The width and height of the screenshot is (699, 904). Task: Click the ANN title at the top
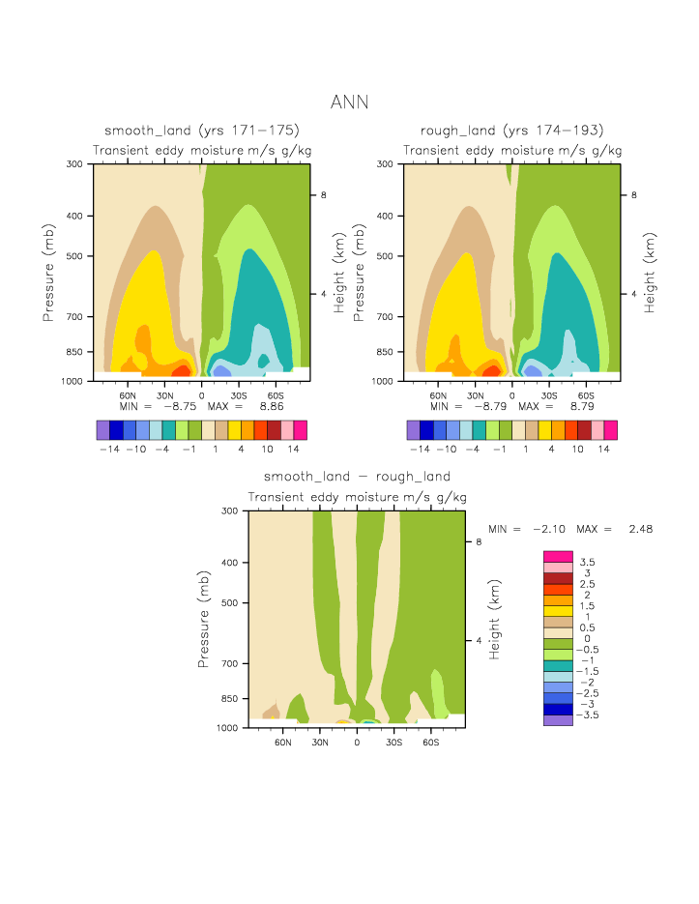pyautogui.click(x=349, y=102)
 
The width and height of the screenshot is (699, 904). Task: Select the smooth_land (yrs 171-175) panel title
pyautogui.click(x=201, y=131)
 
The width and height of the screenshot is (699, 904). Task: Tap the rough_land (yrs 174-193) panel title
pyautogui.click(x=511, y=131)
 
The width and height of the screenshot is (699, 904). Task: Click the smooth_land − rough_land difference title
pyautogui.click(x=357, y=477)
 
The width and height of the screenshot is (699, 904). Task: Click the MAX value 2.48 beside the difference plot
pyautogui.click(x=640, y=530)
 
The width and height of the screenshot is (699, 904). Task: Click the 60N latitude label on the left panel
pyautogui.click(x=128, y=394)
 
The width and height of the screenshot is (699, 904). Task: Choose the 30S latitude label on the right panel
pyautogui.click(x=548, y=394)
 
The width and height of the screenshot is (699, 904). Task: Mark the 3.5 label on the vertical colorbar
pyautogui.click(x=587, y=562)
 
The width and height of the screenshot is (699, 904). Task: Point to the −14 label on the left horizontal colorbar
pyautogui.click(x=109, y=450)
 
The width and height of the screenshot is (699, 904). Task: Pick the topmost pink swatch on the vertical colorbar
pyautogui.click(x=558, y=556)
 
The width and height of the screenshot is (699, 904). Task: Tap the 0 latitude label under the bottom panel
pyautogui.click(x=357, y=742)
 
